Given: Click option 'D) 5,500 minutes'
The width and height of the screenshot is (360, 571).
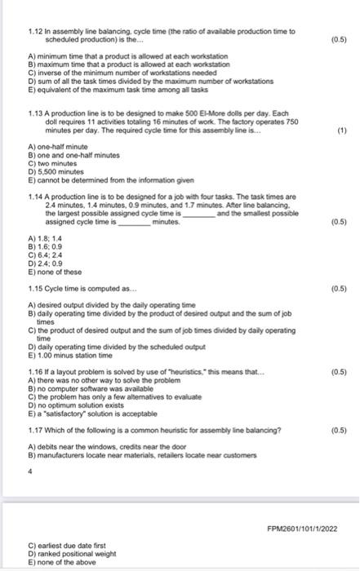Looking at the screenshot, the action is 58,169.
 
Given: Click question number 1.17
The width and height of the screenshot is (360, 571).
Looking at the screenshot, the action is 35,430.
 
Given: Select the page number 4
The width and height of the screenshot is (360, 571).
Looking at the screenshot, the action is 29,470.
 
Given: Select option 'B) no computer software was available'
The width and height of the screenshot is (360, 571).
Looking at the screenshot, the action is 90,387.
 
